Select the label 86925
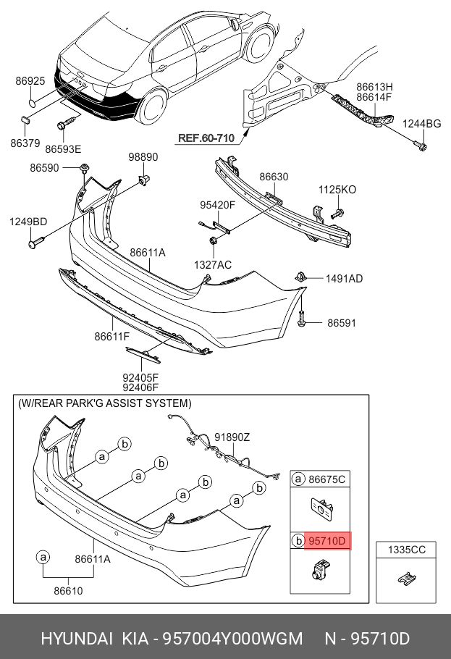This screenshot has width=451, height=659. [31, 83]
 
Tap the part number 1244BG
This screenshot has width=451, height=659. [422, 125]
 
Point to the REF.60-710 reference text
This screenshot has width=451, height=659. [206, 138]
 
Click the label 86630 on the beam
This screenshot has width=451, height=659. [274, 177]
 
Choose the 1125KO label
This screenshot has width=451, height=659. [337, 190]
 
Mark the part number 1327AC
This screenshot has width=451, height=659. [213, 265]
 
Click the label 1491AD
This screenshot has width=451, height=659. [344, 278]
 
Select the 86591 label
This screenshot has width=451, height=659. [342, 323]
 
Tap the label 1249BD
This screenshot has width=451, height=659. [28, 222]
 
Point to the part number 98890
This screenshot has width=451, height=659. [143, 157]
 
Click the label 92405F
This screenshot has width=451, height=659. [140, 377]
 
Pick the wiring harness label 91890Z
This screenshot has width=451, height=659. [232, 437]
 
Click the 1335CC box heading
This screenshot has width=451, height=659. [406, 550]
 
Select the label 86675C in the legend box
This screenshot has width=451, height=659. [327, 479]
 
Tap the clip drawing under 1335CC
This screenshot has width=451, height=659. [407, 579]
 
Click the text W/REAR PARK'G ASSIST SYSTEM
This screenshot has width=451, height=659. [105, 403]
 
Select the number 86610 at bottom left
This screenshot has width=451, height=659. [68, 591]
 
